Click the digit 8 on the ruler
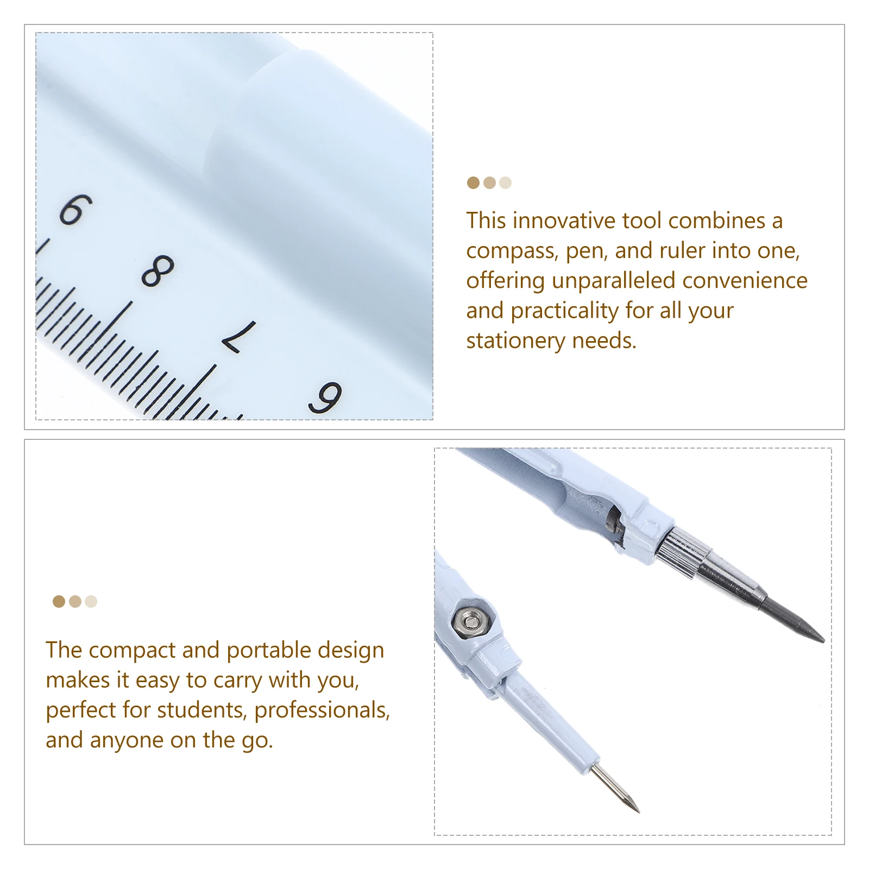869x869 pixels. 158,270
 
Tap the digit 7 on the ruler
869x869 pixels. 240,337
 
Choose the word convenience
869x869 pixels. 745,281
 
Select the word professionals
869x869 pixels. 322,710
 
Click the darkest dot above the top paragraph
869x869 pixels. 473,183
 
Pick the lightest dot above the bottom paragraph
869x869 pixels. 91,601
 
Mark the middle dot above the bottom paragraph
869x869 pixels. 75,601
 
